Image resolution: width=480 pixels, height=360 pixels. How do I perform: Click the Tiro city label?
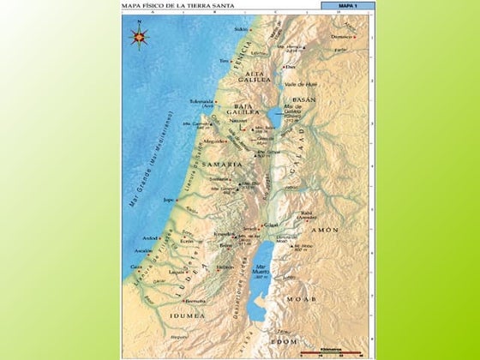coord(225,61)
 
